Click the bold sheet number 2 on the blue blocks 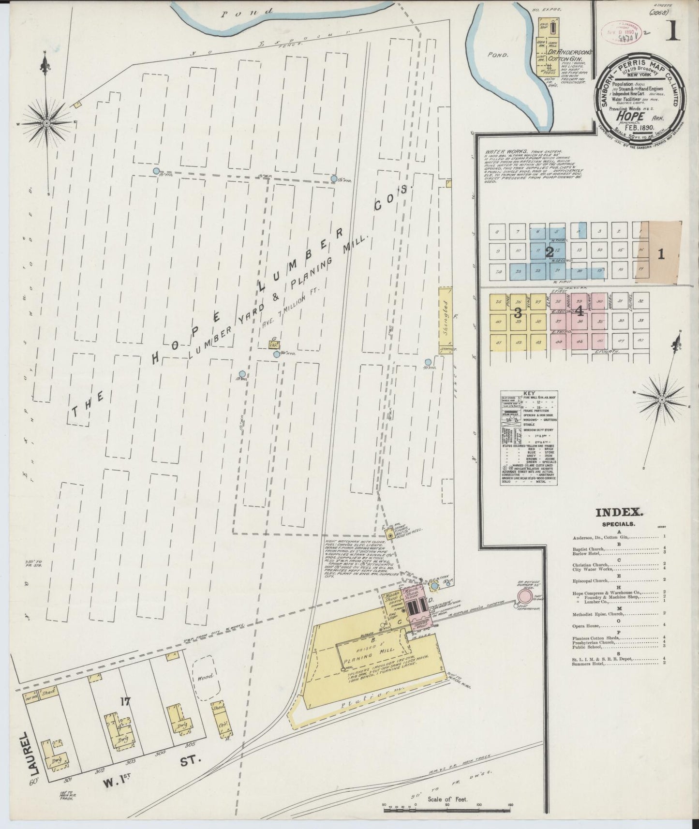click(549, 252)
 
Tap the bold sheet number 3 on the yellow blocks click(517, 311)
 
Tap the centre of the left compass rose click(46, 123)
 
